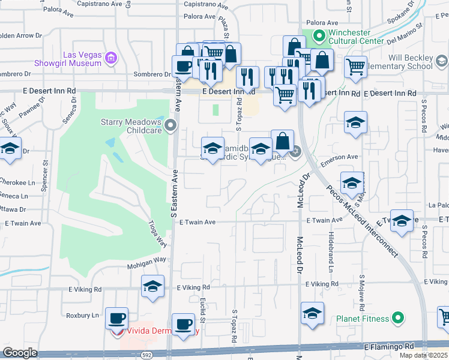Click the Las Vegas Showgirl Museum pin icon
point(110,58)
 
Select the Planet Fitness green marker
point(397,317)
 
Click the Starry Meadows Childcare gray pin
point(171,125)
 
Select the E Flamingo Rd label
point(389,347)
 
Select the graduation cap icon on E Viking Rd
point(153,286)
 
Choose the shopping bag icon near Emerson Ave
point(282,141)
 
